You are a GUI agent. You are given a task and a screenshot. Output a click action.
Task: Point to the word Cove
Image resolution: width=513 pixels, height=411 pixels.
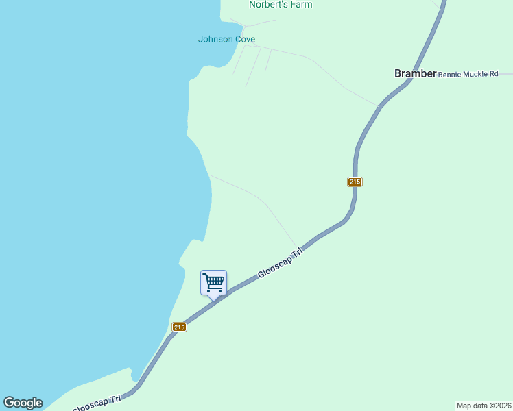[246, 39]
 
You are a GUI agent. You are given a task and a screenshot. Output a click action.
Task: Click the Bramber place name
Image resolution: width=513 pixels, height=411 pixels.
[415, 73]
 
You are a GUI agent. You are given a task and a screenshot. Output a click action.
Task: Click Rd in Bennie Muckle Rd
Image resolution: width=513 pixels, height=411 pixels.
[493, 73]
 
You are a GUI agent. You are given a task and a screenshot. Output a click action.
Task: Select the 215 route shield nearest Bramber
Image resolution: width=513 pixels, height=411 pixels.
[355, 182]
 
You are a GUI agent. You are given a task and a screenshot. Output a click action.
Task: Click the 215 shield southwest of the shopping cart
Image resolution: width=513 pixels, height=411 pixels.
[179, 327]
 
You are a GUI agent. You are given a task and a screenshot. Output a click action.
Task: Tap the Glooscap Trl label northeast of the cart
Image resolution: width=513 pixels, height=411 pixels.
[280, 264]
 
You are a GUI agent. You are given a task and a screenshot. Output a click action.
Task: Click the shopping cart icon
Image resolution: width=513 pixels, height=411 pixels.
[213, 282]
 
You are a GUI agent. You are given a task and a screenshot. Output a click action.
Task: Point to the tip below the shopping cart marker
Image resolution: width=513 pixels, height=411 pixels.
[213, 299]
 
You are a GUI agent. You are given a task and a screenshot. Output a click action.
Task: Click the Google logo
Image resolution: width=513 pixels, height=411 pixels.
[23, 403]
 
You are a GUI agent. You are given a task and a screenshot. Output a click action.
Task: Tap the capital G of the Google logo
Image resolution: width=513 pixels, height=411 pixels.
[8, 403]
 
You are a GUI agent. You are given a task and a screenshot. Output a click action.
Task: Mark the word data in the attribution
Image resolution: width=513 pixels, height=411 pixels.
[480, 406]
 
